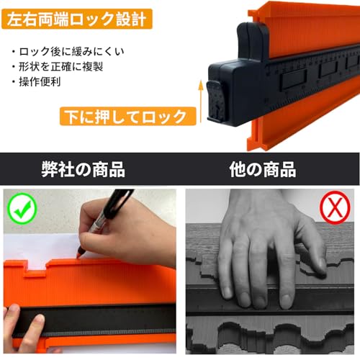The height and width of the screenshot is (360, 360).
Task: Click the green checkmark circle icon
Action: (x=22, y=209)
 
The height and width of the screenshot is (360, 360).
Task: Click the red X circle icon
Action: (x=335, y=207)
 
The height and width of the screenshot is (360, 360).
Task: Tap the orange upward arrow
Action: (x=200, y=102)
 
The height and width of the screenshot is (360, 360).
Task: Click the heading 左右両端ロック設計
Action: (x=77, y=19)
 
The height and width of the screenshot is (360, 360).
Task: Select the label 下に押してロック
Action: (x=128, y=117)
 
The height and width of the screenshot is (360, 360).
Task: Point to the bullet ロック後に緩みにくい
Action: (x=68, y=51)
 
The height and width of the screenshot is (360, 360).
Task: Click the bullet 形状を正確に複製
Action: (x=58, y=66)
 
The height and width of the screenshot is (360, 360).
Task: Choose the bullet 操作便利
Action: (x=37, y=82)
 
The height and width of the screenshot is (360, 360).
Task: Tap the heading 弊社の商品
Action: (x=84, y=169)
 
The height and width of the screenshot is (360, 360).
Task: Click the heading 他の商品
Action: (x=263, y=169)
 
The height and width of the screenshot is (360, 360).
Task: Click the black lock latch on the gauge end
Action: (x=215, y=101)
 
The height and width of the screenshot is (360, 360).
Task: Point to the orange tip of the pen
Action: (x=79, y=253)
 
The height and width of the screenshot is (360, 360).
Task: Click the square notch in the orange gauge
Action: (x=37, y=267)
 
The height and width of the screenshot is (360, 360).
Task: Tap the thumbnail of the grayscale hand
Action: (x=269, y=271)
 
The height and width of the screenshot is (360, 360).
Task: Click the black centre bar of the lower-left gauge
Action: (x=96, y=320)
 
